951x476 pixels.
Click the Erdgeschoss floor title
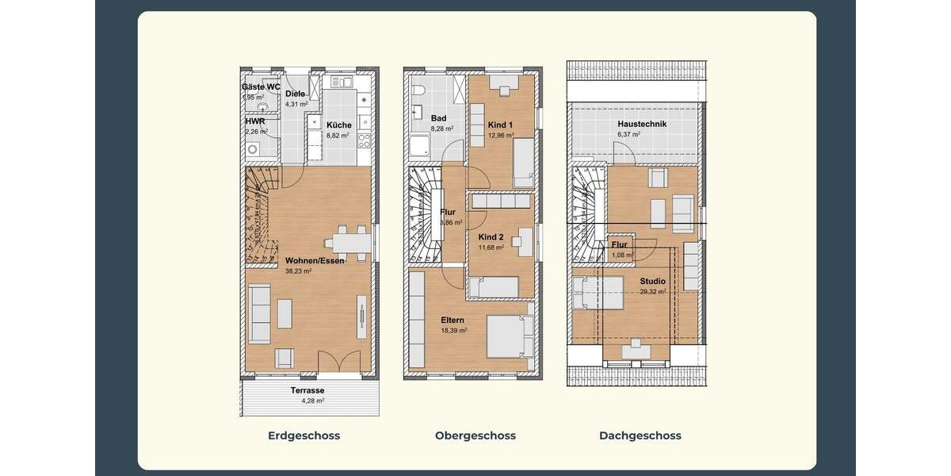click(x=304, y=436)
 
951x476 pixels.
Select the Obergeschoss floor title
click(x=475, y=436)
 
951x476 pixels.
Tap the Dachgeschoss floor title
click(x=640, y=436)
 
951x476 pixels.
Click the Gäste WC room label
click(x=261, y=86)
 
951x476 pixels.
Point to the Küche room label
click(x=338, y=125)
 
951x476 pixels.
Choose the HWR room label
click(x=254, y=121)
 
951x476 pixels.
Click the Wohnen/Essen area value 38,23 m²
click(x=298, y=271)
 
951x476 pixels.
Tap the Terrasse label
click(x=307, y=390)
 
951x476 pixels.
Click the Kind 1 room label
click(x=500, y=125)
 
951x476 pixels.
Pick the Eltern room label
click(x=453, y=321)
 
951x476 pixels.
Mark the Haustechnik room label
click(x=642, y=125)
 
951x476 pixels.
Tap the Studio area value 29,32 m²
click(x=652, y=291)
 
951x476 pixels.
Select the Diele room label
click(x=295, y=94)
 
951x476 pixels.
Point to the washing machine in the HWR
click(x=254, y=149)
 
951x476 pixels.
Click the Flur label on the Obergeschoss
click(x=447, y=213)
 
